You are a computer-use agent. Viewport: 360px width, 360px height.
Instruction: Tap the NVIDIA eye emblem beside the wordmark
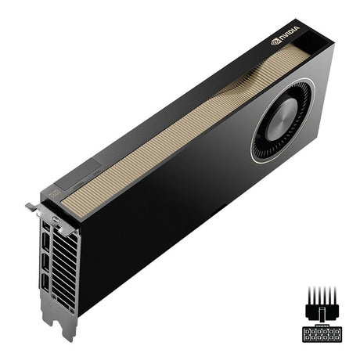pyautogui.click(x=275, y=41)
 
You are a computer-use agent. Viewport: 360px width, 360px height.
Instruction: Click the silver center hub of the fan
pyautogui.click(x=281, y=115)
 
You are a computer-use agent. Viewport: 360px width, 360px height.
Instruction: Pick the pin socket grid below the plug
pyautogui.click(x=322, y=333)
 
